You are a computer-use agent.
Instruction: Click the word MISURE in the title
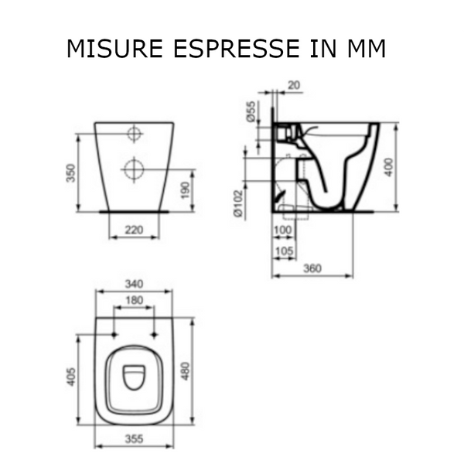point(114,48)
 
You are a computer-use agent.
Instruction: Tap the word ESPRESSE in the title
point(236,48)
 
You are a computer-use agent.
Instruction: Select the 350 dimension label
point(71,173)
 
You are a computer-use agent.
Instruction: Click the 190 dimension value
point(185,191)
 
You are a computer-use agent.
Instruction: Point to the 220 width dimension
point(134,230)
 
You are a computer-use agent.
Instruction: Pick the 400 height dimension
point(389,167)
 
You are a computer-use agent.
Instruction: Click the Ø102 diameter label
point(238,203)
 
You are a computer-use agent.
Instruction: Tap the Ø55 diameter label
point(251,111)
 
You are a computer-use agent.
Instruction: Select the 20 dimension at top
point(294,85)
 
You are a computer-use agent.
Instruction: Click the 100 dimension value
point(283,230)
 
